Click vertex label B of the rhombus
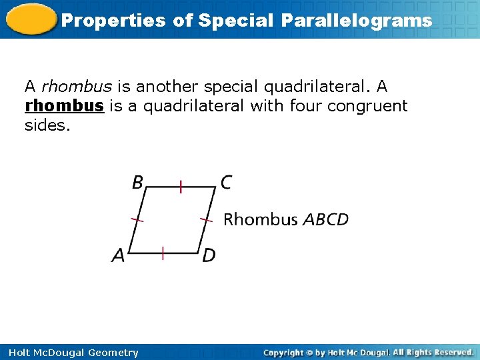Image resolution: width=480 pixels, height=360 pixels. pyautogui.click(x=138, y=182)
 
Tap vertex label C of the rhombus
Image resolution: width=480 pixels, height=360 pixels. pyautogui.click(x=226, y=182)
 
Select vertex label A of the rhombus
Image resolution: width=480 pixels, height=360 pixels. pyautogui.click(x=118, y=255)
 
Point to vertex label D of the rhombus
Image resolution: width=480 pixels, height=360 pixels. pyautogui.click(x=209, y=255)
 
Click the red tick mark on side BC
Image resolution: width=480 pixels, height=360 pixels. pyautogui.click(x=180, y=187)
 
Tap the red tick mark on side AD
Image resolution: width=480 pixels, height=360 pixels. pyautogui.click(x=163, y=253)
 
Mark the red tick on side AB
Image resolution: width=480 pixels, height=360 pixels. pyautogui.click(x=137, y=219)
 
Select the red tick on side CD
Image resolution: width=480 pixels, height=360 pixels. pyautogui.click(x=207, y=219)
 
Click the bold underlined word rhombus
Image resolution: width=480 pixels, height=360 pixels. pyautogui.click(x=64, y=106)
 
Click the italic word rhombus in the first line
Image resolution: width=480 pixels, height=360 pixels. pyautogui.click(x=76, y=87)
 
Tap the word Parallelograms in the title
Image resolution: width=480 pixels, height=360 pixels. pyautogui.click(x=356, y=20)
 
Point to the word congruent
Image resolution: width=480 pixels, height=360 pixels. pyautogui.click(x=367, y=106)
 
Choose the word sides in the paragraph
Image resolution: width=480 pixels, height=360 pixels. pyautogui.click(x=47, y=125)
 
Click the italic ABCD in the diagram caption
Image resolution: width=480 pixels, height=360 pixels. pyautogui.click(x=325, y=219)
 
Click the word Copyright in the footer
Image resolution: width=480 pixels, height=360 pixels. pyautogui.click(x=285, y=352)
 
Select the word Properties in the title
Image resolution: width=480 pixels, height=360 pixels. pyautogui.click(x=113, y=20)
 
